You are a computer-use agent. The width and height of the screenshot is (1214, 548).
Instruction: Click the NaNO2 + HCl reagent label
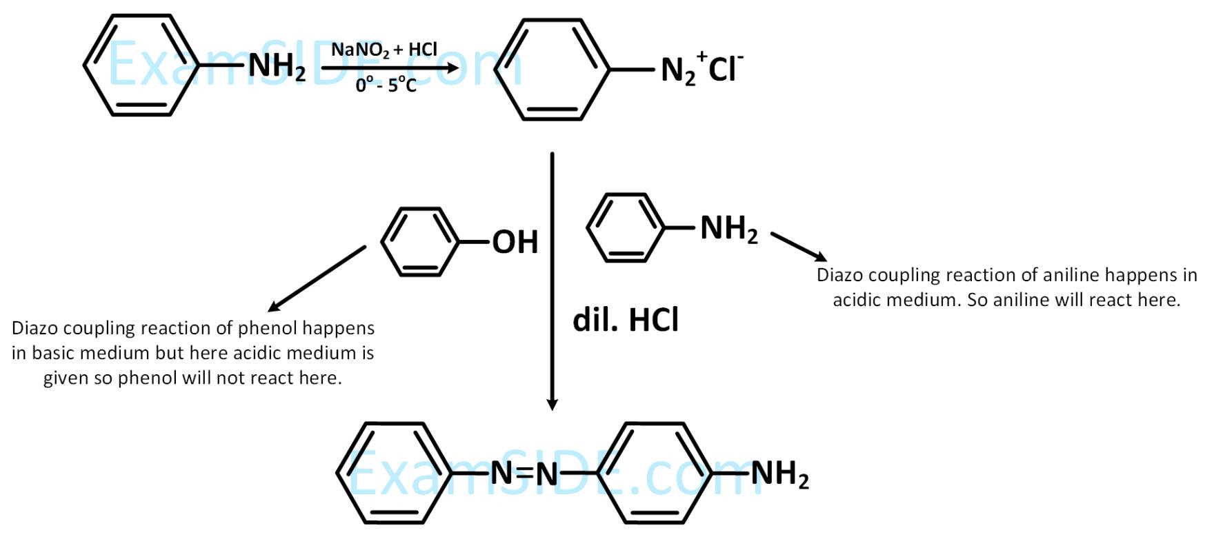click(384, 50)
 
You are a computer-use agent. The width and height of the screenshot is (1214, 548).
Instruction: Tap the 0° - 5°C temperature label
click(386, 85)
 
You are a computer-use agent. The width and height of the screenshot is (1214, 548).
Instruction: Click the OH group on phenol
click(515, 242)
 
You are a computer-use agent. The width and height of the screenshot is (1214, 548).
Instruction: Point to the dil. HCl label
click(626, 320)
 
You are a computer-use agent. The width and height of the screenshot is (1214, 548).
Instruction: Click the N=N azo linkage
click(524, 474)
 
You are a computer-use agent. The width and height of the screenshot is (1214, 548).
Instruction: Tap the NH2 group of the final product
click(779, 474)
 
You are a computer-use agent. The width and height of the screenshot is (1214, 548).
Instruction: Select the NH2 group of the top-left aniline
click(277, 67)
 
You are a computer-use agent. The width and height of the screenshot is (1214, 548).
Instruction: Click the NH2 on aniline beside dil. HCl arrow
click(728, 228)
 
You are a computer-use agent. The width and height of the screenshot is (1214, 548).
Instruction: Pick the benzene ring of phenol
click(420, 242)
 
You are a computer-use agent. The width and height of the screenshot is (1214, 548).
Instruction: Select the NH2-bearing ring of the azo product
click(655, 474)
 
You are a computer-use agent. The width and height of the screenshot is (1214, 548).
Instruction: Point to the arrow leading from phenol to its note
click(317, 278)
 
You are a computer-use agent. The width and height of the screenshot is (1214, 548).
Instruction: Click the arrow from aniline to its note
click(799, 247)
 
